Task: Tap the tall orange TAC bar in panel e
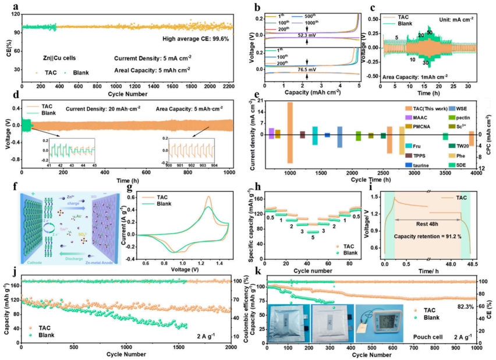pos(290,132)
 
